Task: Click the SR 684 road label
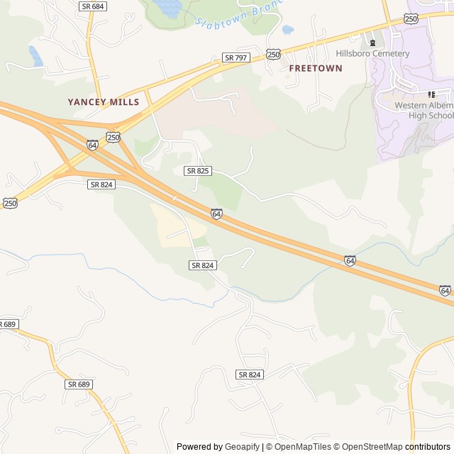(92, 6)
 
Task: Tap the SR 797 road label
(236, 57)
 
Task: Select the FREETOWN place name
(316, 68)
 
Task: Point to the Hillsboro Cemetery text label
(372, 54)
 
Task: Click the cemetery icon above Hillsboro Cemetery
(372, 43)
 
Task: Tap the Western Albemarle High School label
(424, 111)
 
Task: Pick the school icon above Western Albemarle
(431, 94)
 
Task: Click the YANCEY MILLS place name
(104, 102)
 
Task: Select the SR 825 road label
(197, 171)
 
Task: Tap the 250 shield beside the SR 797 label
(274, 54)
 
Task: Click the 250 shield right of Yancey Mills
(113, 136)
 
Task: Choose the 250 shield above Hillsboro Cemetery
(411, 19)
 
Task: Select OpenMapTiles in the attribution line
(302, 447)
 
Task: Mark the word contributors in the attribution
(428, 447)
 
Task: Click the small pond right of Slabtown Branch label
(287, 30)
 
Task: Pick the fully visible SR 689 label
(79, 384)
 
